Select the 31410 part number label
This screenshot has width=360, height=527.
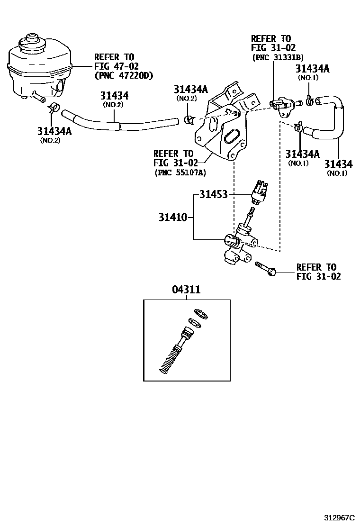click(173, 218)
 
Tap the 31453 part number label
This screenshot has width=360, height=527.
click(213, 194)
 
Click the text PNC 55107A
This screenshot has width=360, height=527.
click(180, 173)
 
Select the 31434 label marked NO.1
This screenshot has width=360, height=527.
click(338, 164)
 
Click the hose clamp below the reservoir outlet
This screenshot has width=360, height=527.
click(53, 107)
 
